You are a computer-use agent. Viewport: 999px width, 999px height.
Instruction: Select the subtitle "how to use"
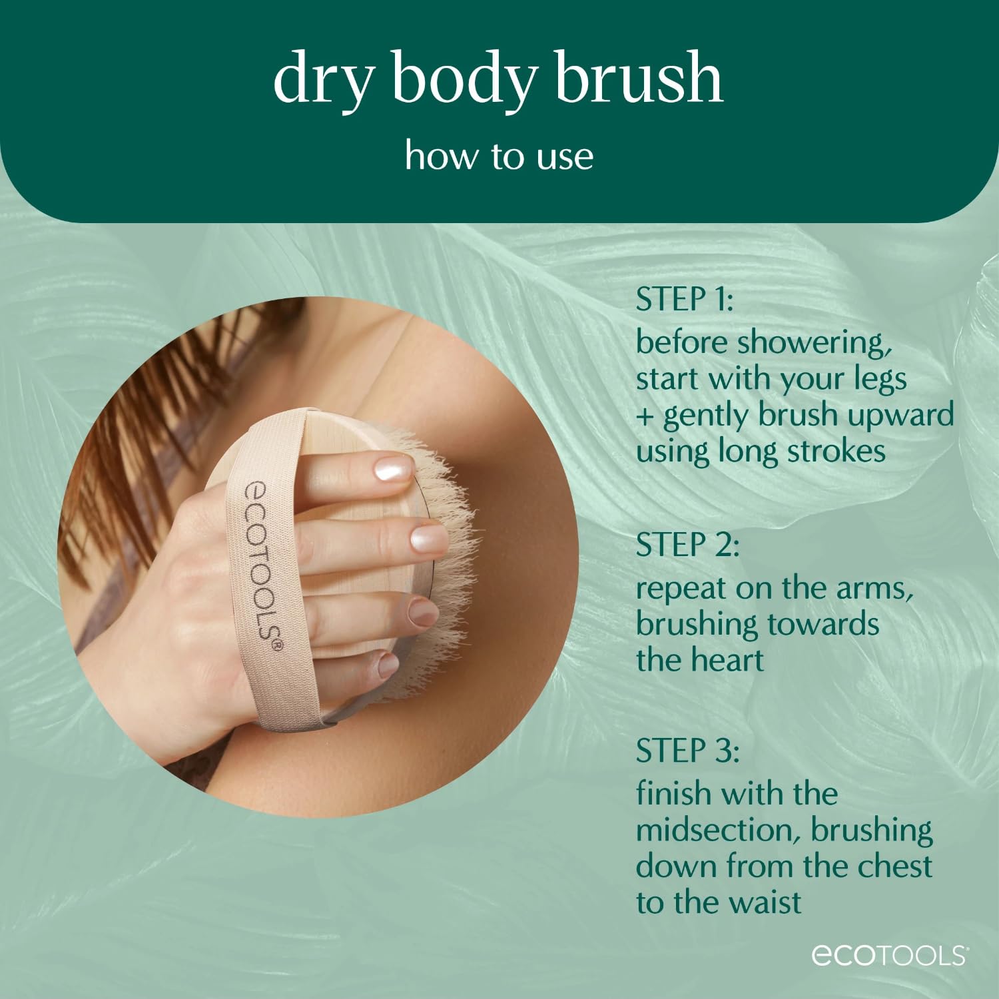499,156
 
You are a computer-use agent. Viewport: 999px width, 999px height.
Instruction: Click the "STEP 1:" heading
685,299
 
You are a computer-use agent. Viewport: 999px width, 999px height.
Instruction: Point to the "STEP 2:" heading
687,545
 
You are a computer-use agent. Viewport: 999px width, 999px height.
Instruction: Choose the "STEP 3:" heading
687,751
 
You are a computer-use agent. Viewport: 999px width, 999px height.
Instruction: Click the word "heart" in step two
730,661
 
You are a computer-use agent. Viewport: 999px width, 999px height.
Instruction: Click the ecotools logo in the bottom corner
889,955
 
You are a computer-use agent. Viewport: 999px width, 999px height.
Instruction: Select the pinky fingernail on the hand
388,663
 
